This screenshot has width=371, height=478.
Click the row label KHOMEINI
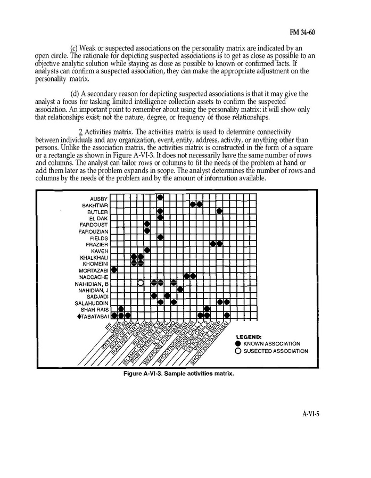click(96, 264)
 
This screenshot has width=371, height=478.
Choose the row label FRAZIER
click(97, 244)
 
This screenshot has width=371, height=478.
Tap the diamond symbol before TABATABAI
click(79, 316)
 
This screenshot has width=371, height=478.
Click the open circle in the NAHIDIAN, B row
click(141, 283)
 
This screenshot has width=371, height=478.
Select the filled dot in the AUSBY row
click(160, 198)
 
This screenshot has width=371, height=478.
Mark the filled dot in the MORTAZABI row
click(114, 270)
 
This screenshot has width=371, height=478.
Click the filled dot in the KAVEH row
click(147, 250)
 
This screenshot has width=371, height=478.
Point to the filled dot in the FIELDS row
click(160, 237)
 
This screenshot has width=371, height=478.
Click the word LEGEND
click(249, 337)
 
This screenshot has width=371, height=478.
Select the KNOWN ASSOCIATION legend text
click(271, 344)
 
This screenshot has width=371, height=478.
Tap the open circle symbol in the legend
click(238, 351)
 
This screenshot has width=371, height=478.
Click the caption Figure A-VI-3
click(178, 374)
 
